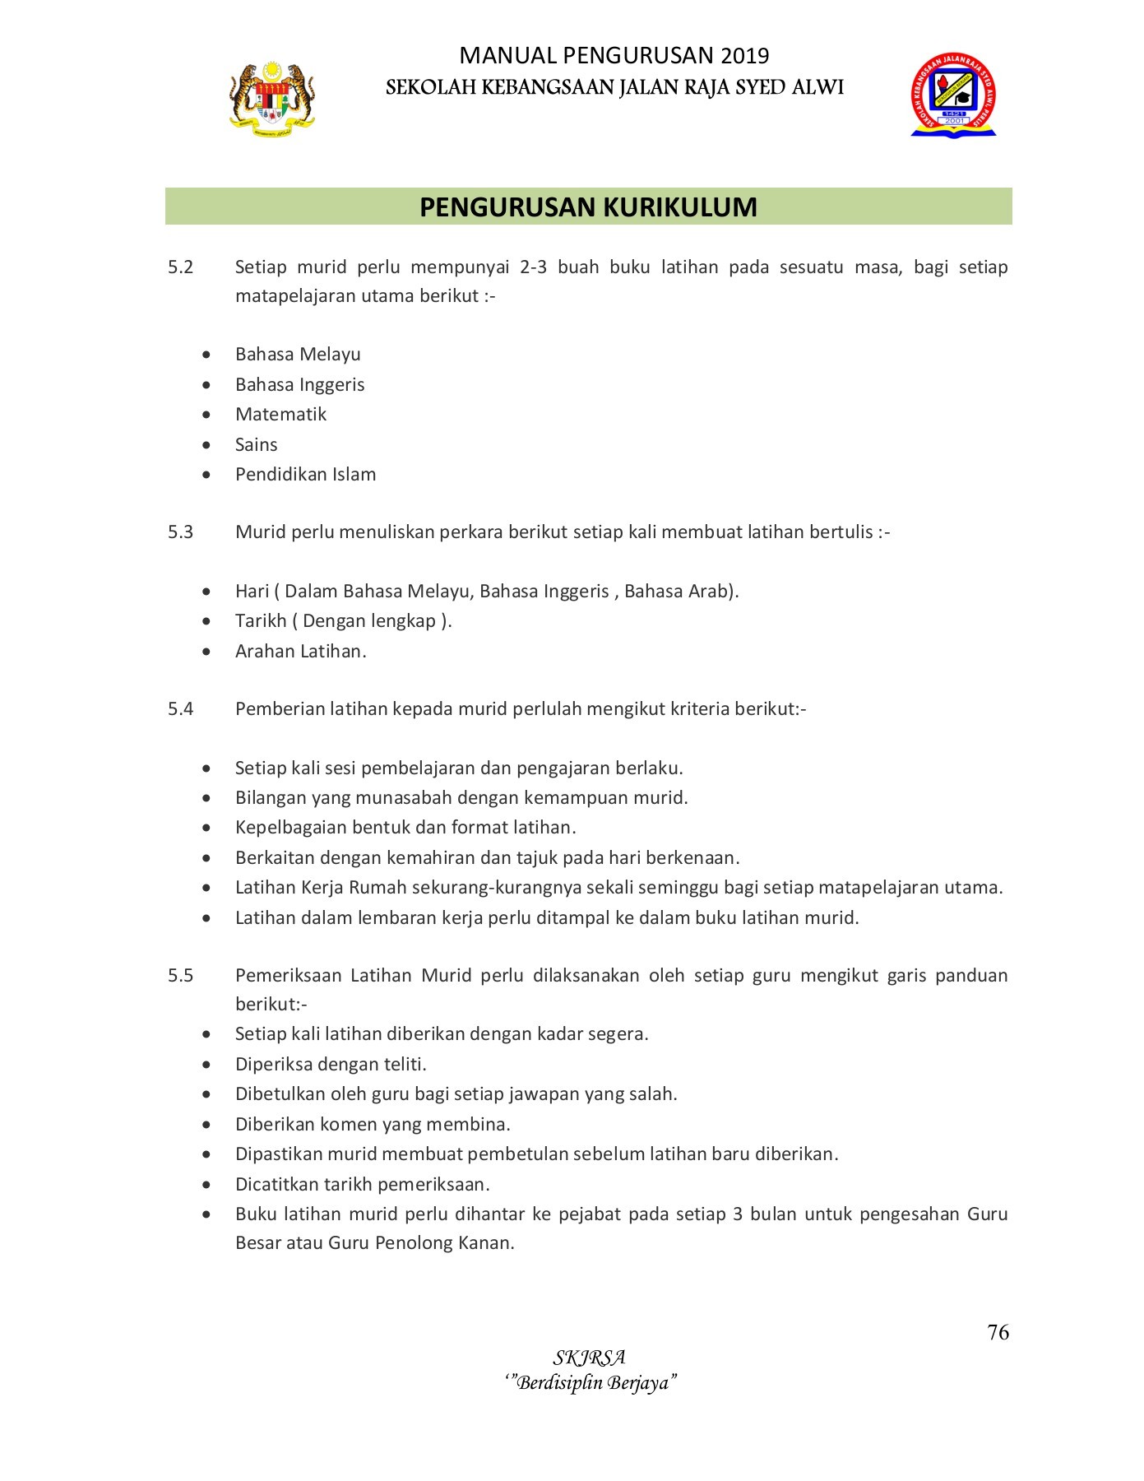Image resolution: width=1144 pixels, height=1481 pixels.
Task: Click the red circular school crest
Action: pyautogui.click(x=953, y=95)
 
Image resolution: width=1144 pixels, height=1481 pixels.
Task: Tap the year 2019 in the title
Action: pyautogui.click(x=745, y=56)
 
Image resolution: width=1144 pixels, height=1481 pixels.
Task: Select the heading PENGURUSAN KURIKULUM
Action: pyautogui.click(x=588, y=207)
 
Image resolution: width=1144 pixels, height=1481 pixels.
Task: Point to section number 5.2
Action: pyautogui.click(x=181, y=267)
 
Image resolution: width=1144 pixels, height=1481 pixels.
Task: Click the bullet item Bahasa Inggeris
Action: pyautogui.click(x=299, y=385)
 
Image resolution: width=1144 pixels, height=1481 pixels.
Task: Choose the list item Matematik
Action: pyautogui.click(x=280, y=415)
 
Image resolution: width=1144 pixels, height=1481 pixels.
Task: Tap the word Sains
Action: pyautogui.click(x=256, y=445)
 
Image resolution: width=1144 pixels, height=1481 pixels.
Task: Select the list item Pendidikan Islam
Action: pyautogui.click(x=305, y=475)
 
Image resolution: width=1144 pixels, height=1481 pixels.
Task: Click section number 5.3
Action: pyautogui.click(x=181, y=532)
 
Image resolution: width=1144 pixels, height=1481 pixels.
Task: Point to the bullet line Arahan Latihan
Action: pyautogui.click(x=300, y=652)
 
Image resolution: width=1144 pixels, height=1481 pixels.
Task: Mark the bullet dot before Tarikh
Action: pyautogui.click(x=206, y=622)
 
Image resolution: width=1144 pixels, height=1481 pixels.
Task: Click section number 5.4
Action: pyautogui.click(x=181, y=709)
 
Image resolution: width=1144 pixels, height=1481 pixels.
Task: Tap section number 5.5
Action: pyautogui.click(x=181, y=976)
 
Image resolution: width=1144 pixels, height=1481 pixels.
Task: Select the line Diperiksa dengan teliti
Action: pyautogui.click(x=331, y=1065)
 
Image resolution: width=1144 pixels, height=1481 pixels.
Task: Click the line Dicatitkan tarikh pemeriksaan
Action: pyautogui.click(x=362, y=1185)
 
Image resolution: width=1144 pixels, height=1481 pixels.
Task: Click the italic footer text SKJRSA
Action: pyautogui.click(x=589, y=1358)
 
